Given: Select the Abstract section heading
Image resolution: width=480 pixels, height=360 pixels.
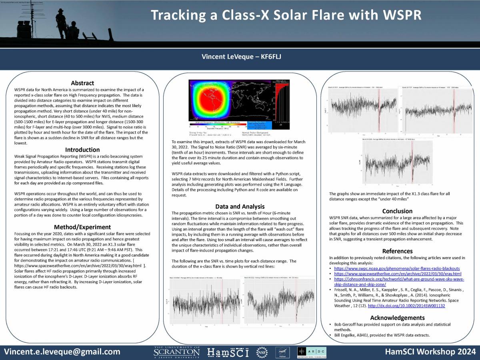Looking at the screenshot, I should [82, 83].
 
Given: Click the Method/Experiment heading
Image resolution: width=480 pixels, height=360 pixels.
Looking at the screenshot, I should [82, 227].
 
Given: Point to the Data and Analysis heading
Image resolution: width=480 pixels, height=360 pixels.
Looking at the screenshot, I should [240, 206].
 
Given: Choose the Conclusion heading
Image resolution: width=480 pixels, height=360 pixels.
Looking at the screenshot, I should [397, 211].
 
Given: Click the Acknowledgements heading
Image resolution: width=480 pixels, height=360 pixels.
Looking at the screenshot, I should [397, 318].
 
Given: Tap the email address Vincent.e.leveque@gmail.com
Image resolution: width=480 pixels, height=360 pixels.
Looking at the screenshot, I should [62, 352].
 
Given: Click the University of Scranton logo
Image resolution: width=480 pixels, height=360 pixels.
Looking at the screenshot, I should [176, 352].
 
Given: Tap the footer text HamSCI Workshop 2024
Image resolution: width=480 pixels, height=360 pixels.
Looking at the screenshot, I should [430, 352].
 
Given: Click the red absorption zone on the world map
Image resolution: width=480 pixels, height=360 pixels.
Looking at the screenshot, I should [208, 100].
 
